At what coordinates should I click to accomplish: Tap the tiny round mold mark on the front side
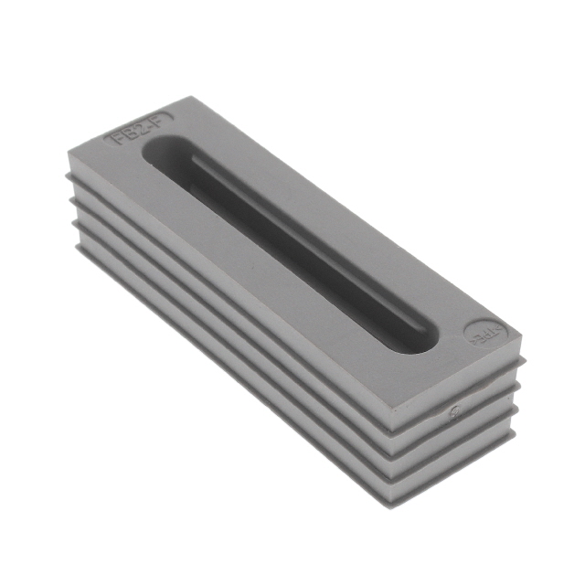click(x=454, y=410)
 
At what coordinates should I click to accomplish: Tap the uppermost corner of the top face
click(x=195, y=94)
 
